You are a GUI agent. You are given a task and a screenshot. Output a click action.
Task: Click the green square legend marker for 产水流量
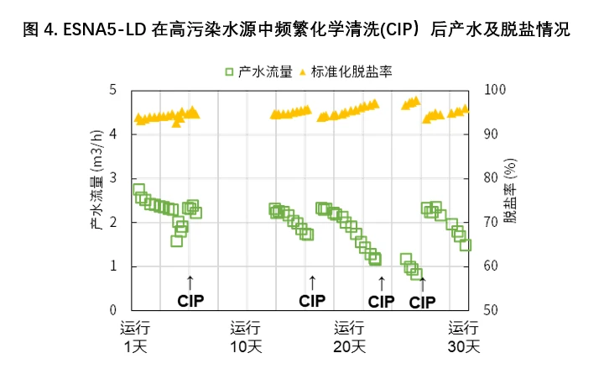230,72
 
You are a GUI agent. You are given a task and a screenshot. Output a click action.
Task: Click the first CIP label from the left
190,300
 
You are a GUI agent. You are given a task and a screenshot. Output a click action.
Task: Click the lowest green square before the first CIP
177,240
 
